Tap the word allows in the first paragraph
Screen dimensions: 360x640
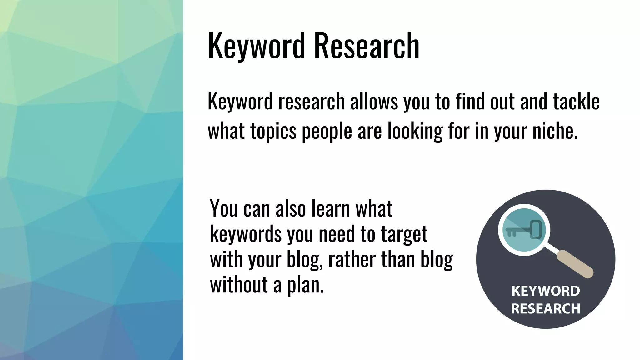[374, 102]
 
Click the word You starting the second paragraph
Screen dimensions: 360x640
[224, 208]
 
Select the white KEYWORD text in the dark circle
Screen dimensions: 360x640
[546, 291]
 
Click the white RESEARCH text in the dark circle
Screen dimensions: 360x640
[546, 309]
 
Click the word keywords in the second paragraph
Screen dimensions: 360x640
[246, 234]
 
